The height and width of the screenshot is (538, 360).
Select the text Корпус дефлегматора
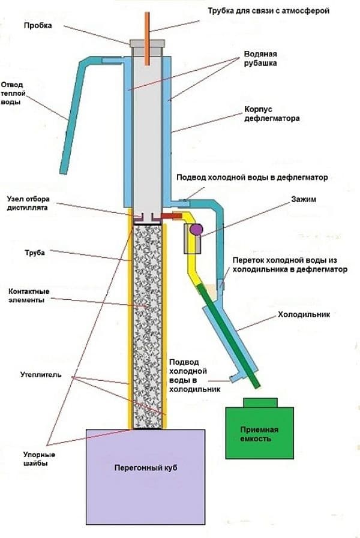[x=271, y=114]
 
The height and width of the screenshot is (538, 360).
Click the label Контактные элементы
[x=29, y=296]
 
